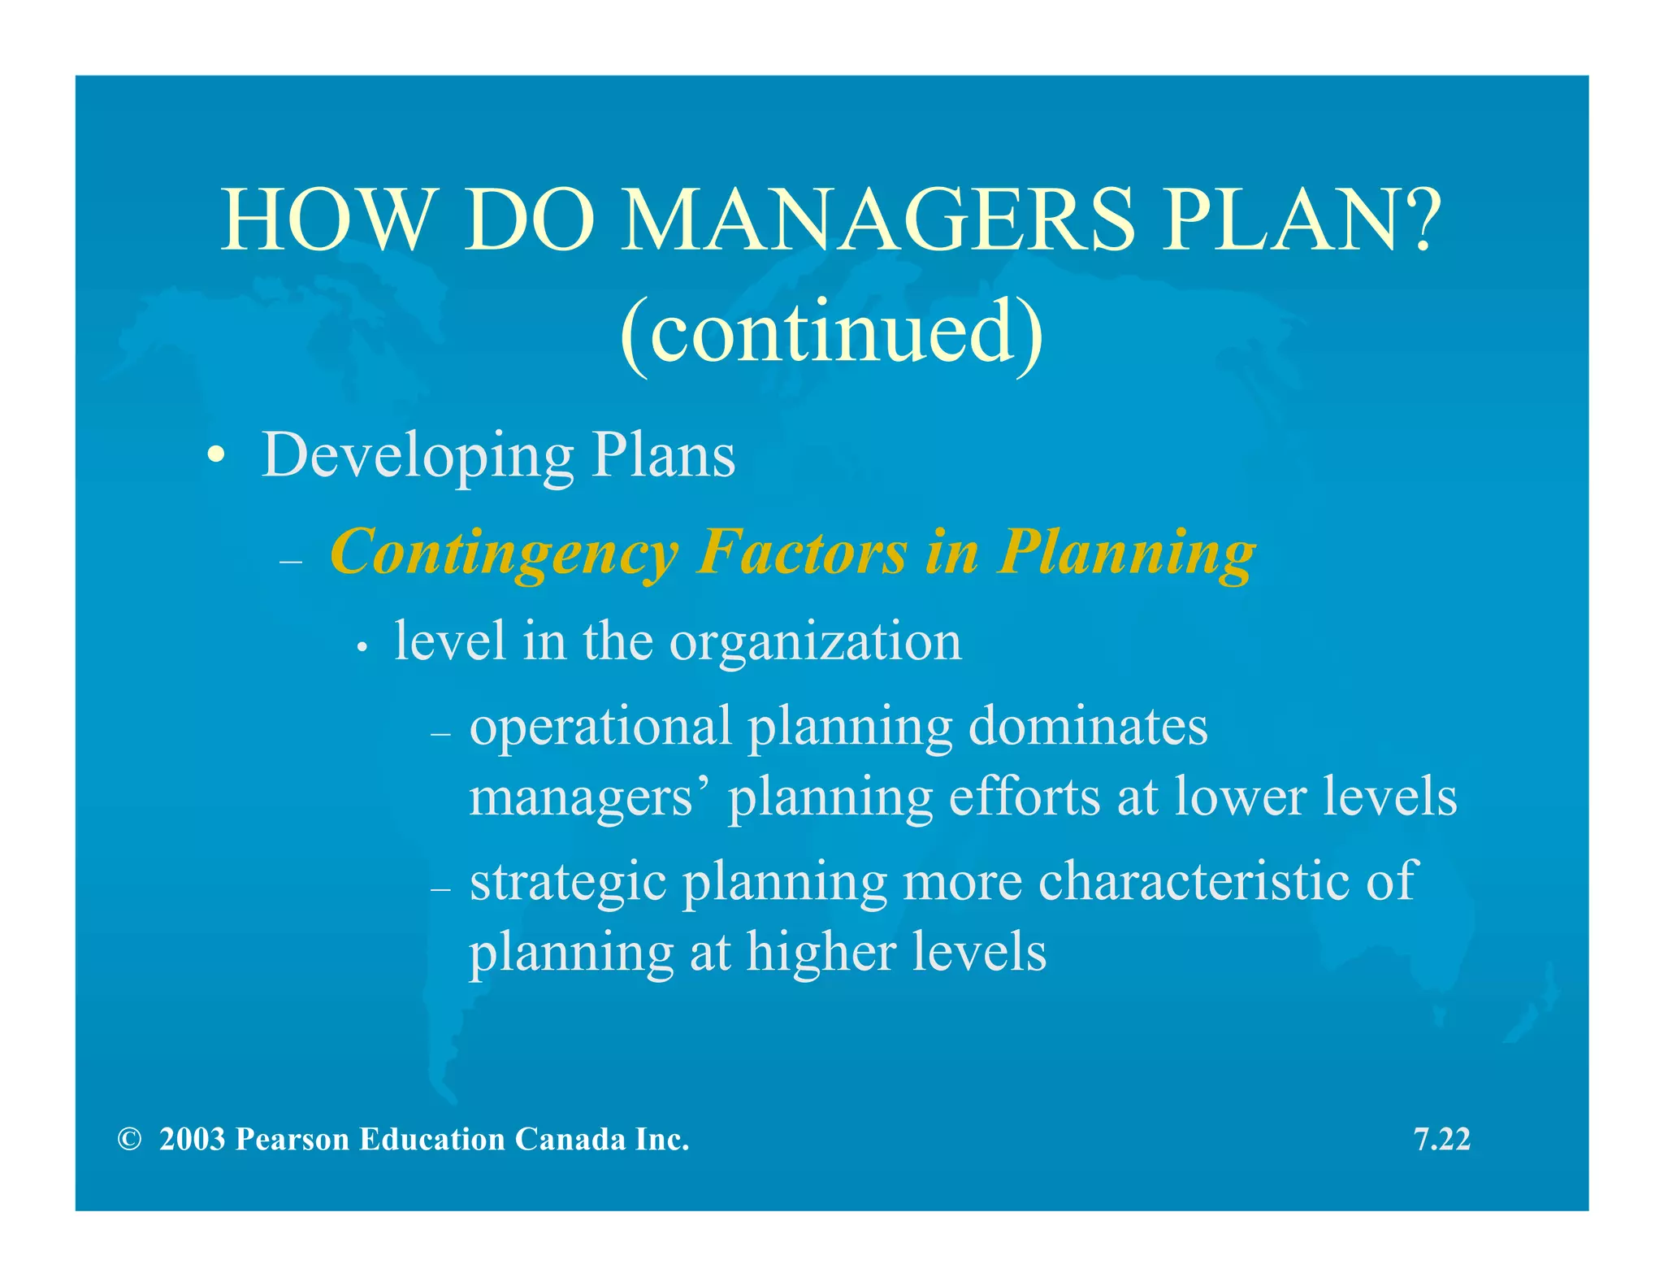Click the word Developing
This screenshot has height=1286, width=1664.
418,455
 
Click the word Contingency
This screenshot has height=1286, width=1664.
504,553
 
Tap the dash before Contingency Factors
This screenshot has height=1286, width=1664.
290,561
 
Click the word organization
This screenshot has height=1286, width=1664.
815,642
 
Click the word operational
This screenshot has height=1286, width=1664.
600,727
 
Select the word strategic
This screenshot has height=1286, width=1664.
568,883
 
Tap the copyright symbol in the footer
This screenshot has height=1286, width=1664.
129,1140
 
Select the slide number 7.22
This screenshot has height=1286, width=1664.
1442,1140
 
